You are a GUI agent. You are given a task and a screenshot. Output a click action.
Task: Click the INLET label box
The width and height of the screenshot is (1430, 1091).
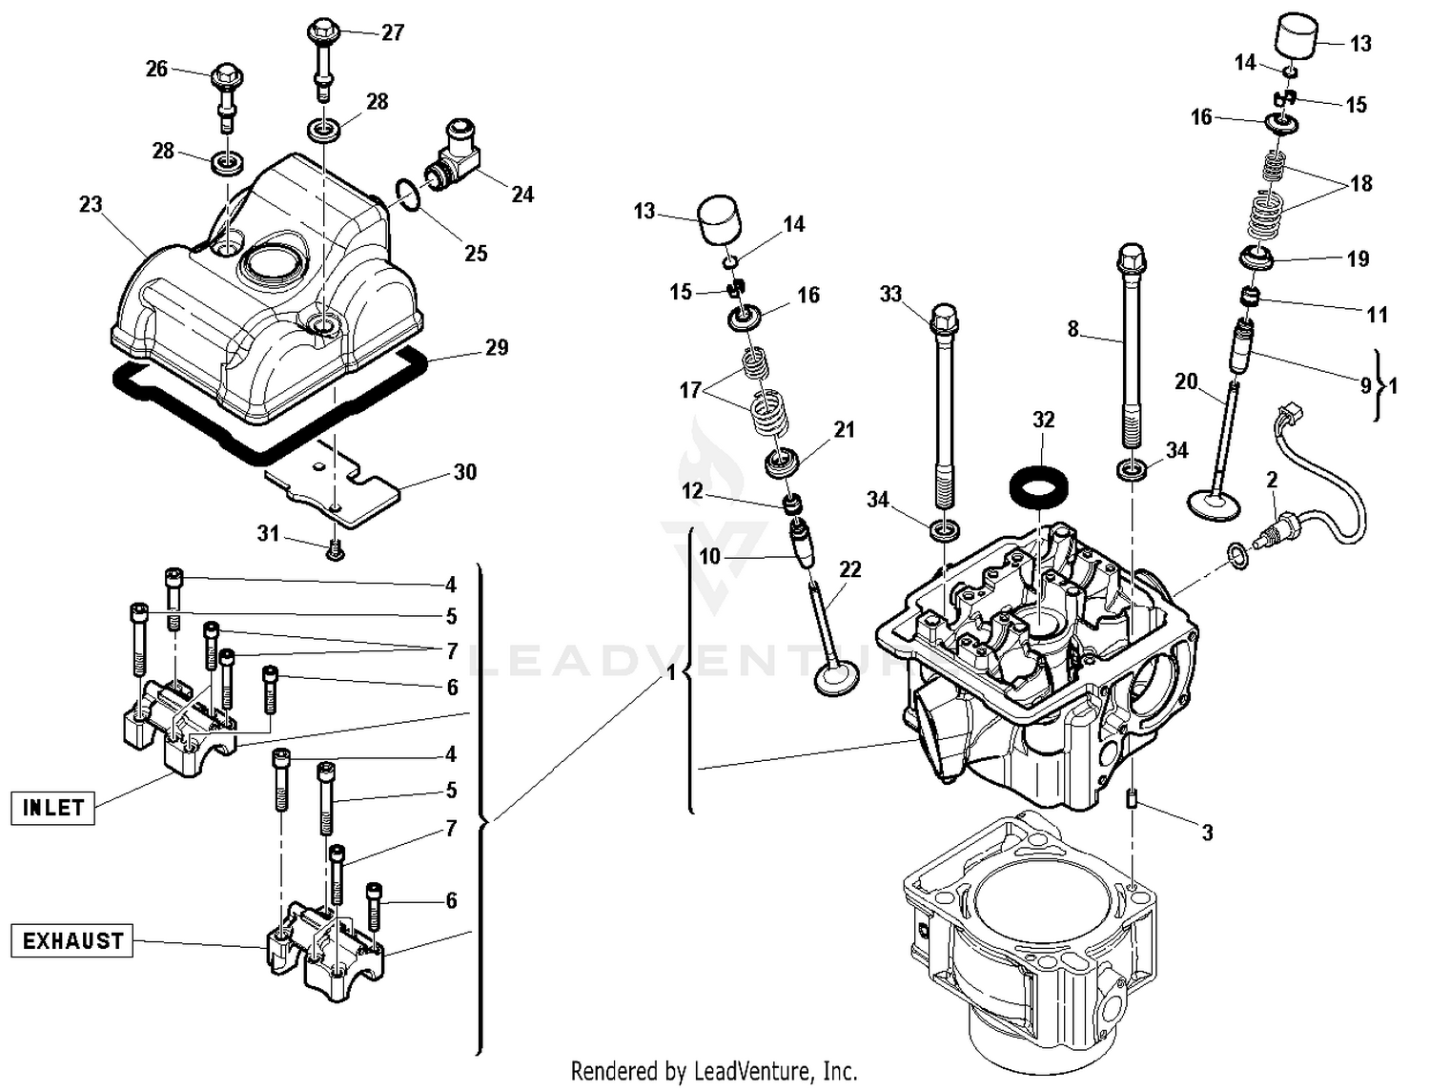click(x=53, y=808)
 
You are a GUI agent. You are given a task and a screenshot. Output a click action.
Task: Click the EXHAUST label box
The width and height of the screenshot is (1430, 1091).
click(x=72, y=941)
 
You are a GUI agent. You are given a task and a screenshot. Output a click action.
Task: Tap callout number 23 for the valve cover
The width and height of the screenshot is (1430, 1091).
click(x=91, y=205)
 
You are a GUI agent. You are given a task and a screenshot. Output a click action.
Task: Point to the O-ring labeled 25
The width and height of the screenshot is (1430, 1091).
click(x=406, y=194)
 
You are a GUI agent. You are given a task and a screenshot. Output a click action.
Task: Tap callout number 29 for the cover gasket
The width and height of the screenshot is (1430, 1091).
click(x=497, y=347)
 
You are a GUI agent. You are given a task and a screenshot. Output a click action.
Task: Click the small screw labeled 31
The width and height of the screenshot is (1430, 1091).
click(x=335, y=550)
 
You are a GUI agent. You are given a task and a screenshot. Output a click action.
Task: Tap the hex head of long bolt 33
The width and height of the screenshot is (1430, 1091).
click(x=942, y=317)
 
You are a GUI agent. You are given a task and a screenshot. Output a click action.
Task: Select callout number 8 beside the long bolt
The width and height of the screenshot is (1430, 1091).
click(x=1072, y=329)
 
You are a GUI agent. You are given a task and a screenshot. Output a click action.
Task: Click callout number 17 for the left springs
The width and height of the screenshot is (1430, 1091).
click(x=691, y=389)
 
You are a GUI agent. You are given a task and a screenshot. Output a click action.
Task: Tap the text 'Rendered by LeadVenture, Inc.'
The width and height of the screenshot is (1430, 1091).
click(x=714, y=1070)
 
